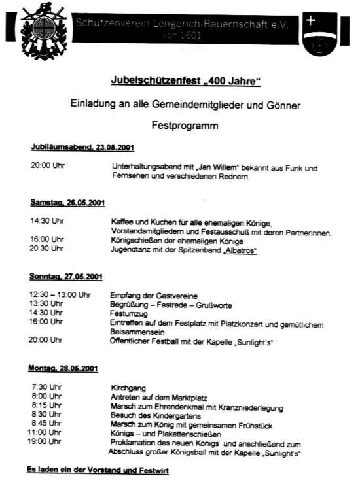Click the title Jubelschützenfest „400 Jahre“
click(181, 81)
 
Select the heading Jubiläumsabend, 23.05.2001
click(82, 147)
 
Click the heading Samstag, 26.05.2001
click(67, 204)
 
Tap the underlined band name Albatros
click(240, 249)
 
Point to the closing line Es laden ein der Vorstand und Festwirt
click(98, 469)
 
